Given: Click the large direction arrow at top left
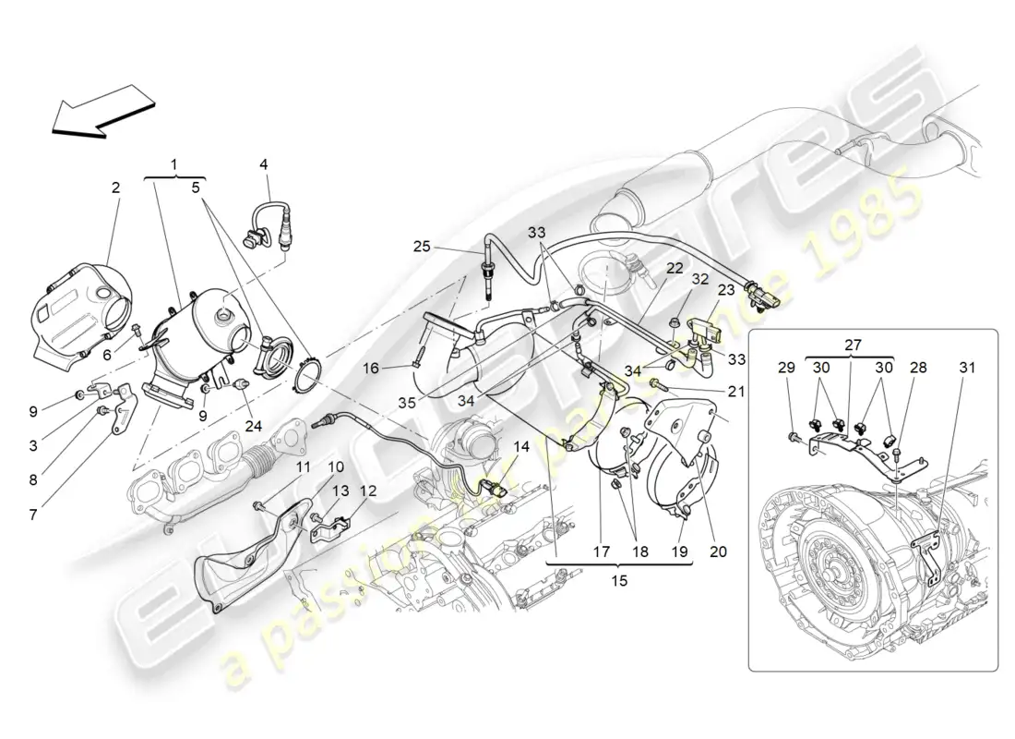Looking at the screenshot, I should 101,109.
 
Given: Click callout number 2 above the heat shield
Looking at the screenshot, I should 115,188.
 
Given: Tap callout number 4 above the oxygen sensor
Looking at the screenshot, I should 264,164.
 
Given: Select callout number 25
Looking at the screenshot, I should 422,246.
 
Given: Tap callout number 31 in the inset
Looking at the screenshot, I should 966,367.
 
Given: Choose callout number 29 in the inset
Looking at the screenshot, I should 786,367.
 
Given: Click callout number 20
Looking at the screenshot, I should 718,552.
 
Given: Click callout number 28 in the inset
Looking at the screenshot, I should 916,367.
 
